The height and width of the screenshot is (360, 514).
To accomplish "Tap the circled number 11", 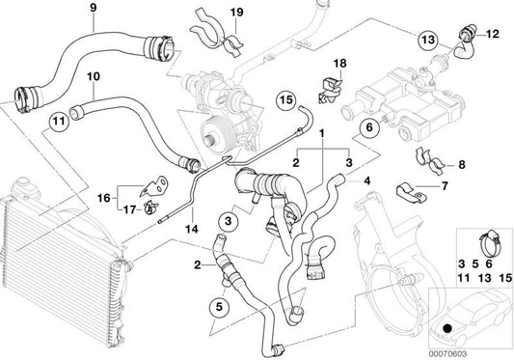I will (57, 122).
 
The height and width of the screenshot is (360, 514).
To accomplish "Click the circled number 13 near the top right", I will (428, 39).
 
